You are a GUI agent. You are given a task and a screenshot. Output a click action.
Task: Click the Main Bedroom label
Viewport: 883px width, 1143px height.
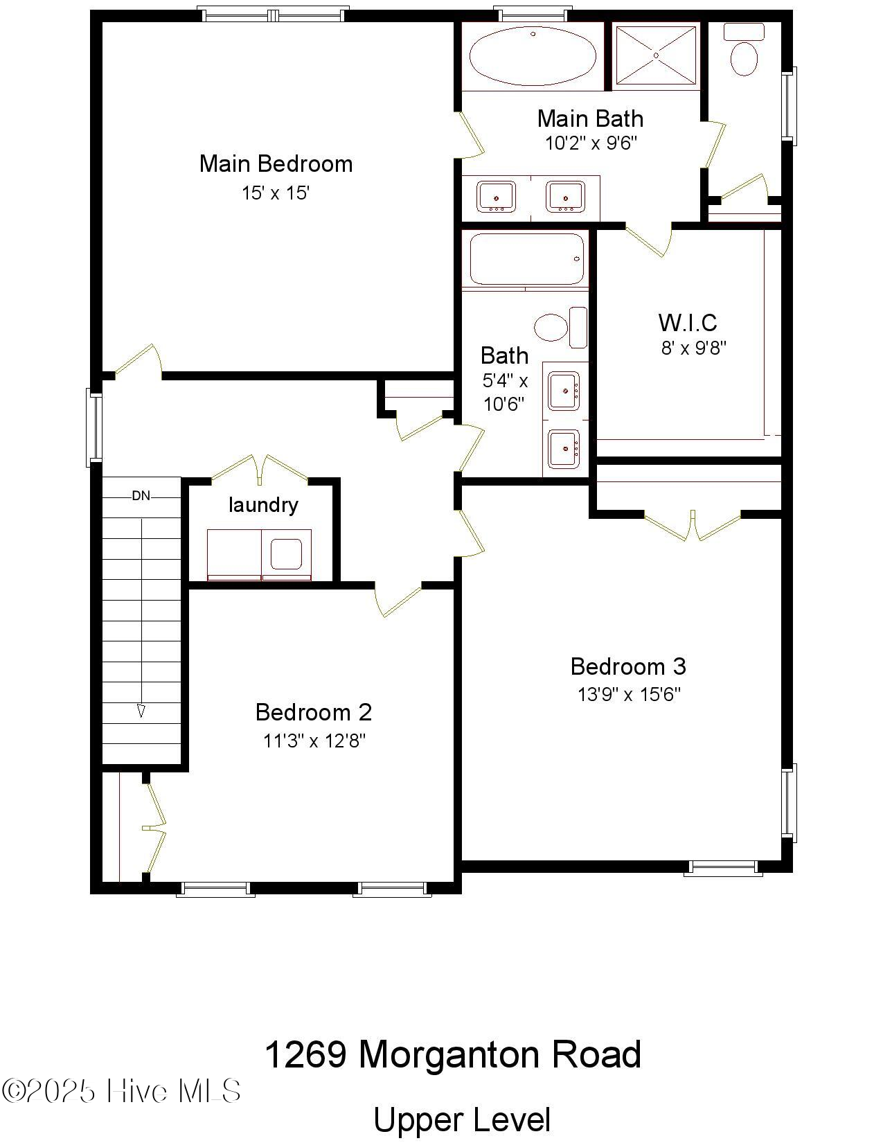276,164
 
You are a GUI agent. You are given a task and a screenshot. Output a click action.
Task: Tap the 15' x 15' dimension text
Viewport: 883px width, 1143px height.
275,193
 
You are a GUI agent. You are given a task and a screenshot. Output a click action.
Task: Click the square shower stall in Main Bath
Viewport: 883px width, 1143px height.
654,55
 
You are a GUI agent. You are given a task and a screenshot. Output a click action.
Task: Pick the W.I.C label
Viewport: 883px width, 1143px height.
687,323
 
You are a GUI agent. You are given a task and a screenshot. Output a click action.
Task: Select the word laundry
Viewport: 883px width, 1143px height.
263,504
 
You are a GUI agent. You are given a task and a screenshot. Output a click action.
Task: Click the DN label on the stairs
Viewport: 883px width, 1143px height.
141,495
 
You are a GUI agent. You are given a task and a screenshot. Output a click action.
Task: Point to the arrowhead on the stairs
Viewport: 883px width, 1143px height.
141,711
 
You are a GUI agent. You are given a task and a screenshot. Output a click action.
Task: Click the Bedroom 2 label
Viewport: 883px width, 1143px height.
313,712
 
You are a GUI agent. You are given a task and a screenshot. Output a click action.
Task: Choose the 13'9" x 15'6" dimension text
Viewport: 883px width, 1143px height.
629,694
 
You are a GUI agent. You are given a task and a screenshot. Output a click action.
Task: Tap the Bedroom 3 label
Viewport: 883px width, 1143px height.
628,666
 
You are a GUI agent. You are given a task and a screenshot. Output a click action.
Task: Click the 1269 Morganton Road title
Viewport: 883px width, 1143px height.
453,1054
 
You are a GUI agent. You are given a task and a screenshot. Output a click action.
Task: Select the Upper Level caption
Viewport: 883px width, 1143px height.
462,1120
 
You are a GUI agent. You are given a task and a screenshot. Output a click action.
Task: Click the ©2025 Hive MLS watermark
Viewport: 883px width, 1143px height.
121,1091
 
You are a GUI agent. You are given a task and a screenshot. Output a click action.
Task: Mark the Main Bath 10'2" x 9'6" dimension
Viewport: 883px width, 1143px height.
590,143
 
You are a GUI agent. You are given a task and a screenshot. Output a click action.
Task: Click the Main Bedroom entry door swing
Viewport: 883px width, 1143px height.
139,362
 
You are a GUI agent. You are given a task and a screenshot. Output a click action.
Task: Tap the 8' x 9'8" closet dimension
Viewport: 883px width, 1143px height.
693,348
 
